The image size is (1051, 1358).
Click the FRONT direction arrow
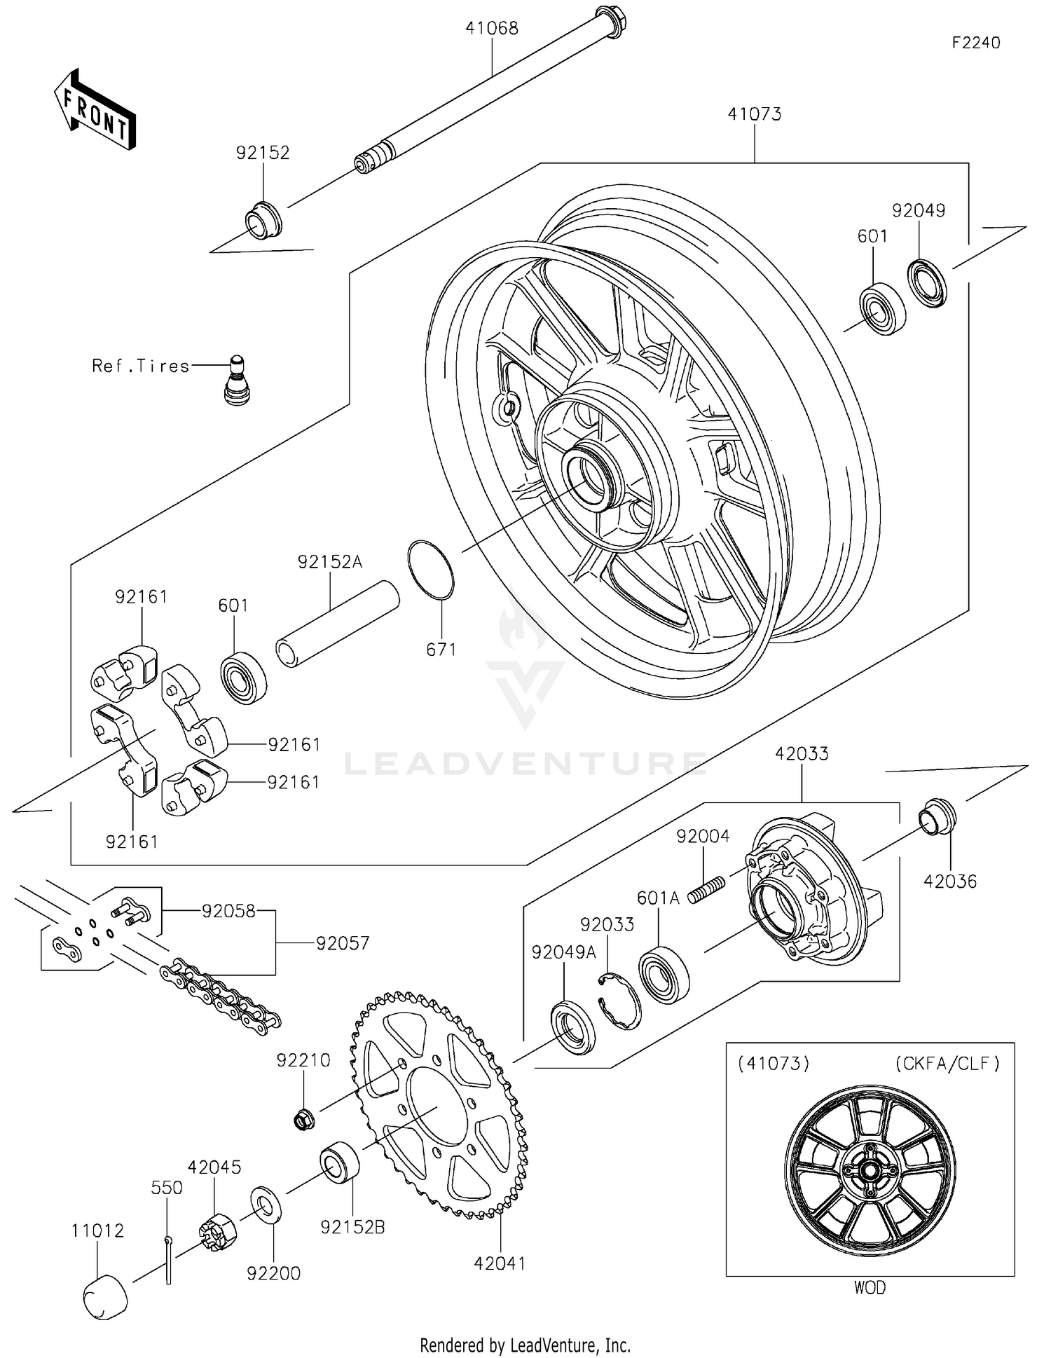95,111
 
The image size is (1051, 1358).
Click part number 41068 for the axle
492,29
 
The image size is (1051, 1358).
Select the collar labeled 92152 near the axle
263,220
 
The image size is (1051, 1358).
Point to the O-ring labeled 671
430,570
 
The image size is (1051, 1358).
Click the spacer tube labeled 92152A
337,624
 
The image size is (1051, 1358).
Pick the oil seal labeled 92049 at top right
927,282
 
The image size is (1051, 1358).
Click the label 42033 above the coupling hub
802,754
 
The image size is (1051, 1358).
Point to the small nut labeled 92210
303,1120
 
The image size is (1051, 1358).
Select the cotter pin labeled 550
168,1259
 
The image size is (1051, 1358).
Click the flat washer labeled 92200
266,1205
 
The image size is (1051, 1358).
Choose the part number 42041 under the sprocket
500,1263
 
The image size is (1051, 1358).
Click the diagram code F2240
975,43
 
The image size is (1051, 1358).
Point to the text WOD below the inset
869,1287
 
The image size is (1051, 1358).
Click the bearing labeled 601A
664,971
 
